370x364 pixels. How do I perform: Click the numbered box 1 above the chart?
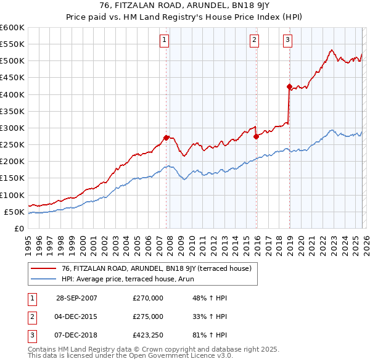(165, 41)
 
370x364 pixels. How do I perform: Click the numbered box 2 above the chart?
(254, 41)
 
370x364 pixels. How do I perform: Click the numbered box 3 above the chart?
(288, 41)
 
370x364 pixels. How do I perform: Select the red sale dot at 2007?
(166, 138)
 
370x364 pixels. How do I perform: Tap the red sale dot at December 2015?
(256, 136)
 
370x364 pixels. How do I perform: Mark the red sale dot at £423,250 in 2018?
(289, 87)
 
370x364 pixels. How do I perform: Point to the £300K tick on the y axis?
(12, 128)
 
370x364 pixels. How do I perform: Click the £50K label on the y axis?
(14, 212)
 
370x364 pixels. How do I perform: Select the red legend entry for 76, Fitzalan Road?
(156, 268)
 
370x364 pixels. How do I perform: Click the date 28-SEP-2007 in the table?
(76, 298)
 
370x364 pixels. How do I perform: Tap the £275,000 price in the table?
(148, 316)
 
